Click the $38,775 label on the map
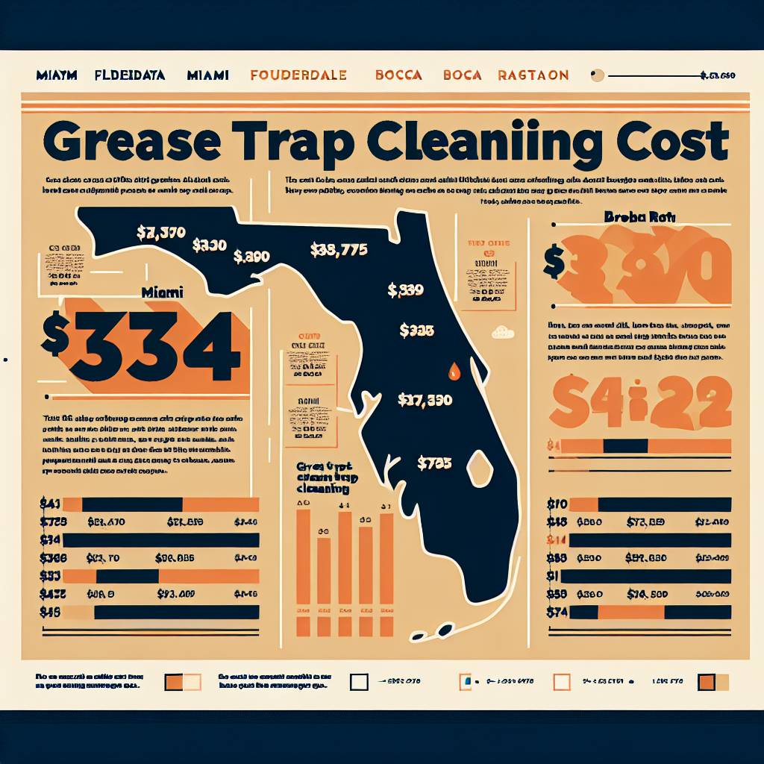pyautogui.click(x=337, y=251)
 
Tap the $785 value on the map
pyautogui.click(x=434, y=463)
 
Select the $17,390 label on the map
pyautogui.click(x=425, y=400)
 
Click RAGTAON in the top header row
pyautogui.click(x=533, y=75)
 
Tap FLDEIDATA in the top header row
pyautogui.click(x=140, y=75)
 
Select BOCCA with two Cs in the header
pyautogui.click(x=398, y=75)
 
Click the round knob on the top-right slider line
pyautogui.click(x=596, y=75)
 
